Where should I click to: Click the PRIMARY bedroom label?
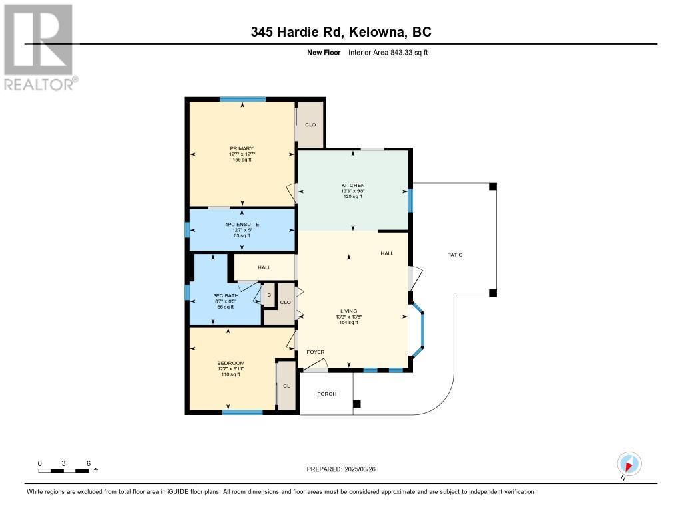(242, 148)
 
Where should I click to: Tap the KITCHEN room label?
(353, 186)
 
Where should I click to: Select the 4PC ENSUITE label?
(242, 225)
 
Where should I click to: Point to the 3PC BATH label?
(226, 296)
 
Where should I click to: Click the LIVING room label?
(349, 311)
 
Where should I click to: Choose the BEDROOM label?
(231, 363)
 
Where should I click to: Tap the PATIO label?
(454, 255)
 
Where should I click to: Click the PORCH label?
(326, 394)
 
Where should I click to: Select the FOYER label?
(315, 352)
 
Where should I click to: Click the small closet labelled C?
(269, 295)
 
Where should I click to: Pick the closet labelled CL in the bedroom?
(286, 386)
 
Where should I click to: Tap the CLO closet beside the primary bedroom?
(310, 124)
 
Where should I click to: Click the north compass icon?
(629, 463)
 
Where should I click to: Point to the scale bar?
(63, 471)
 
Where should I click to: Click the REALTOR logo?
(41, 47)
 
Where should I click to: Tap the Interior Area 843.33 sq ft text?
(388, 52)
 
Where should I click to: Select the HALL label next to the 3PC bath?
(264, 267)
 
